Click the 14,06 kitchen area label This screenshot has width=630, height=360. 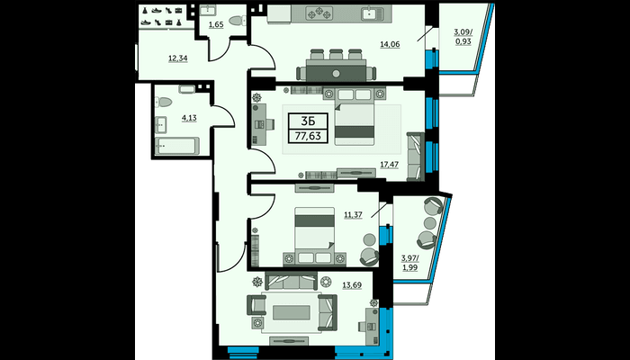pyautogui.click(x=390, y=45)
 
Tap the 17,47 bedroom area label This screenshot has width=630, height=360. pyautogui.click(x=390, y=165)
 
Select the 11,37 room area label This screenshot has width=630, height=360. pyautogui.click(x=353, y=215)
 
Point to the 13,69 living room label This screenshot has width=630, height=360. pyautogui.click(x=352, y=285)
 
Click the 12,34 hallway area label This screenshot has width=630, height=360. pyautogui.click(x=178, y=58)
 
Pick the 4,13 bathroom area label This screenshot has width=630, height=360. pyautogui.click(x=189, y=119)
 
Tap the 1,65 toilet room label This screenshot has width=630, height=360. pyautogui.click(x=215, y=25)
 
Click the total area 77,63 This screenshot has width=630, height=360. pyautogui.click(x=308, y=136)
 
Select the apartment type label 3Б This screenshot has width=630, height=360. pyautogui.click(x=308, y=121)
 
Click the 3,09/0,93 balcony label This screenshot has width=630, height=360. pyautogui.click(x=463, y=38)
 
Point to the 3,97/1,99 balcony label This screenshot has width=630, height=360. pyautogui.click(x=409, y=263)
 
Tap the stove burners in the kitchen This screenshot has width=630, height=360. pyautogui.click(x=320, y=13)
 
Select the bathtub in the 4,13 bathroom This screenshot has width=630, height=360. pyautogui.click(x=176, y=146)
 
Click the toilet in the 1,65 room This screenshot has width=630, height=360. pyautogui.click(x=238, y=20)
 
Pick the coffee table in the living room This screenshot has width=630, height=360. pyautogui.click(x=292, y=312)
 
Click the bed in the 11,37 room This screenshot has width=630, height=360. pyautogui.click(x=315, y=236)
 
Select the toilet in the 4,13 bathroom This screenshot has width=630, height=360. pyautogui.click(x=163, y=102)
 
